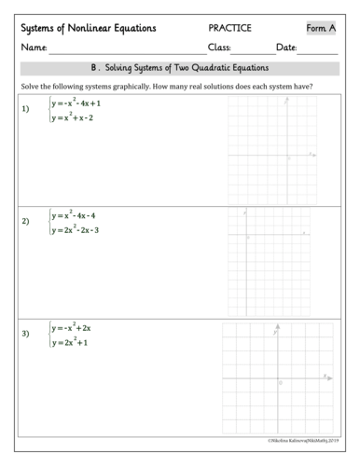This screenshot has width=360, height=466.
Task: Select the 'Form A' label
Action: tap(320, 28)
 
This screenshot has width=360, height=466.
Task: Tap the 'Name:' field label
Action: tap(34, 48)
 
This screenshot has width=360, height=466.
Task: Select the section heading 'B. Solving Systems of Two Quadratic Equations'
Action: tap(180, 68)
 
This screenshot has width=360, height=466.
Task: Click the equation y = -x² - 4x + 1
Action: tap(76, 103)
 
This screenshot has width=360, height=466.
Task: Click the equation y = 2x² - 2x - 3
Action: tap(76, 229)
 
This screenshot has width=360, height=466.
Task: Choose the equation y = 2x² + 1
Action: tap(70, 343)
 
